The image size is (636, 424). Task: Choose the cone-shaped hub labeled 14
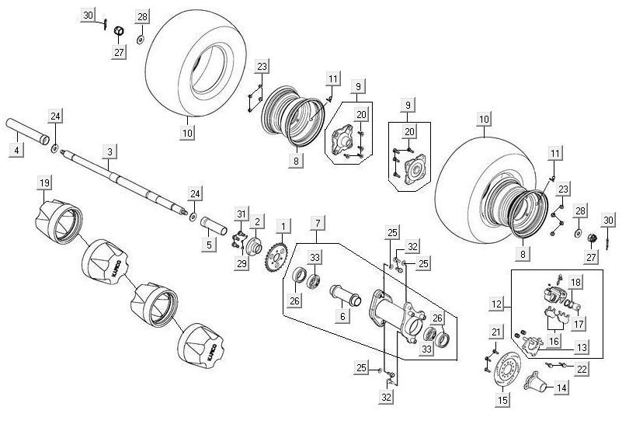535,382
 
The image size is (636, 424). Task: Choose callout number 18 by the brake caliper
575,282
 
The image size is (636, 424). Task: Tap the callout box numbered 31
242,214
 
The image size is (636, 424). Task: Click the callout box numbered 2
257,223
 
